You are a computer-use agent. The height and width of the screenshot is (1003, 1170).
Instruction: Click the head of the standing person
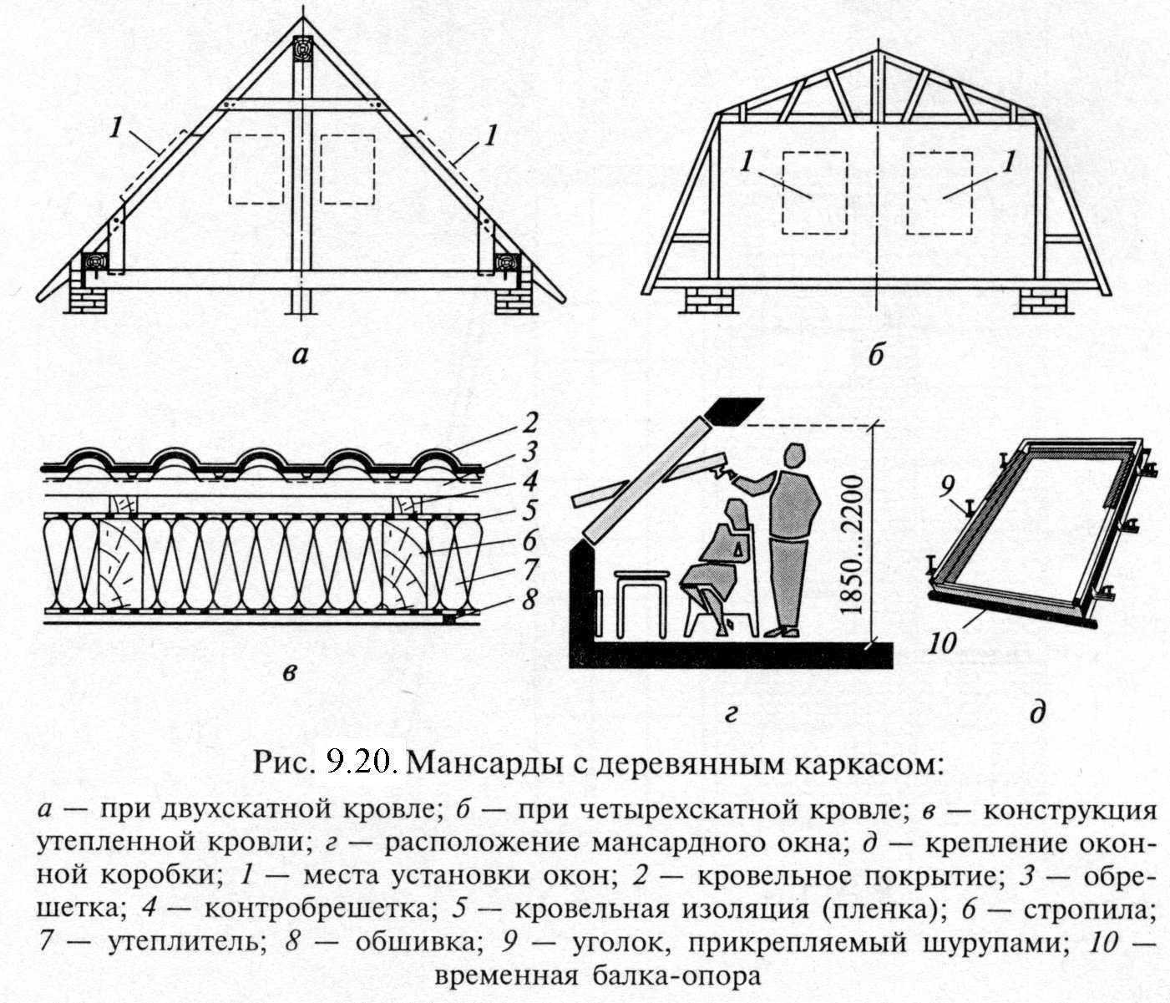tap(794, 458)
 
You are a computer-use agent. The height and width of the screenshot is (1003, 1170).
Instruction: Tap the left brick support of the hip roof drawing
tap(711, 300)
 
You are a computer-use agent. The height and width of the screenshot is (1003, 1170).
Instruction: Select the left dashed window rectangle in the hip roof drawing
tap(814, 192)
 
